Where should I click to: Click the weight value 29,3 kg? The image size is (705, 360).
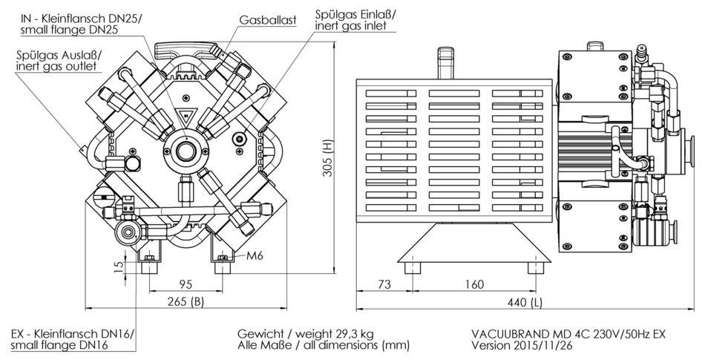[358, 333]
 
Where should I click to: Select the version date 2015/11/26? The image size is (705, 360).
[543, 345]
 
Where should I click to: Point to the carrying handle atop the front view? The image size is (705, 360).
[189, 50]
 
